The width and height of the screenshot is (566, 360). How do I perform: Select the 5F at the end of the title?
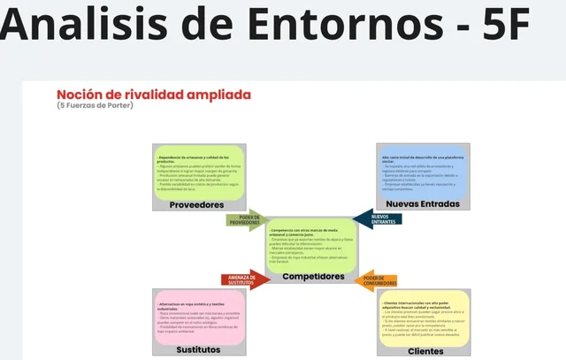click(x=496, y=25)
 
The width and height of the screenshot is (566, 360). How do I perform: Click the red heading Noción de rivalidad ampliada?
click(x=154, y=94)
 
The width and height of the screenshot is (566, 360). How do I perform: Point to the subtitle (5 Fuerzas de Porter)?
click(x=96, y=106)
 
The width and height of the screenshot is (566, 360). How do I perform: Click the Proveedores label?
click(x=196, y=204)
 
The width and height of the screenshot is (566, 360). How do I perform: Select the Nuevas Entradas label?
click(x=423, y=204)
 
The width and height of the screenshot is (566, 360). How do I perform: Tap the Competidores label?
click(x=313, y=277)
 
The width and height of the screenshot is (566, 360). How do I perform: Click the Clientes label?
click(x=425, y=350)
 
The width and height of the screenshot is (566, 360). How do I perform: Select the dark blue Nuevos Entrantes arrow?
click(x=378, y=218)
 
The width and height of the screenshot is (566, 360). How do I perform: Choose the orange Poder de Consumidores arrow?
click(x=381, y=281)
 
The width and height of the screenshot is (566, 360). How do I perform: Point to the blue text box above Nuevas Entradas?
click(x=423, y=170)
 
